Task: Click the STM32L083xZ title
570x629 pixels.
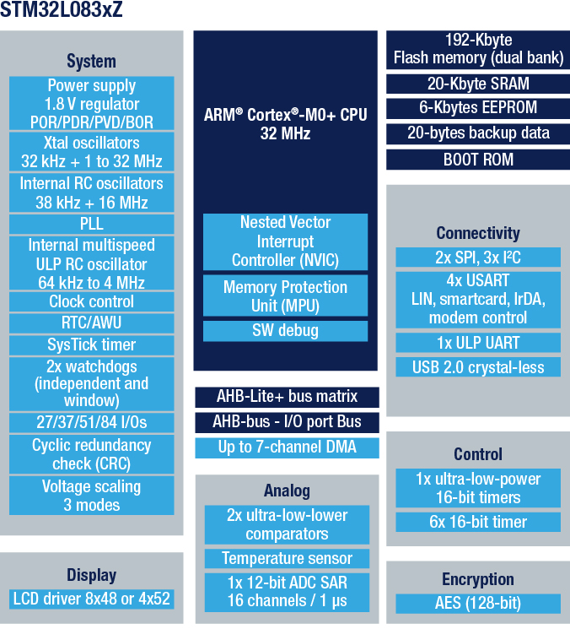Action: [62, 9]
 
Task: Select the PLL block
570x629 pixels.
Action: [92, 224]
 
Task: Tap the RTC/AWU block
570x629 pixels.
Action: [92, 323]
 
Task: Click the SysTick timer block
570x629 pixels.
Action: [92, 345]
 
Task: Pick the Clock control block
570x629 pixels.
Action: [92, 301]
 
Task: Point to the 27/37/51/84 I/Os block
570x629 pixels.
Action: [92, 422]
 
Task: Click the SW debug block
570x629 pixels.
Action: [285, 331]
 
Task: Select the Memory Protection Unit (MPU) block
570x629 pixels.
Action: [285, 296]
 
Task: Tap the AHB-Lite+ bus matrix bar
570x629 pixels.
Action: [287, 397]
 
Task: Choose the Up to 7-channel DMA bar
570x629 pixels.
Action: [287, 447]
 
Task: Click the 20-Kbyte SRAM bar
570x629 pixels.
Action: [478, 84]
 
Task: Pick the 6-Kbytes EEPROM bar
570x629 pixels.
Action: [478, 108]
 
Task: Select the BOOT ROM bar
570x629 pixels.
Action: [478, 160]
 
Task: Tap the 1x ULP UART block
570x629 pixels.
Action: [478, 343]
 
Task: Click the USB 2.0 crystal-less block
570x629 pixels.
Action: [478, 367]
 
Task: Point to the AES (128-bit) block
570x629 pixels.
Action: [478, 604]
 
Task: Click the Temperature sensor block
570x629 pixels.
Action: [287, 558]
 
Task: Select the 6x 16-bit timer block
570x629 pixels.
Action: [478, 522]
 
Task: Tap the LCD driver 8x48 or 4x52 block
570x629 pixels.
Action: [92, 599]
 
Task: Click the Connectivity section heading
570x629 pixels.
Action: [478, 233]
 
